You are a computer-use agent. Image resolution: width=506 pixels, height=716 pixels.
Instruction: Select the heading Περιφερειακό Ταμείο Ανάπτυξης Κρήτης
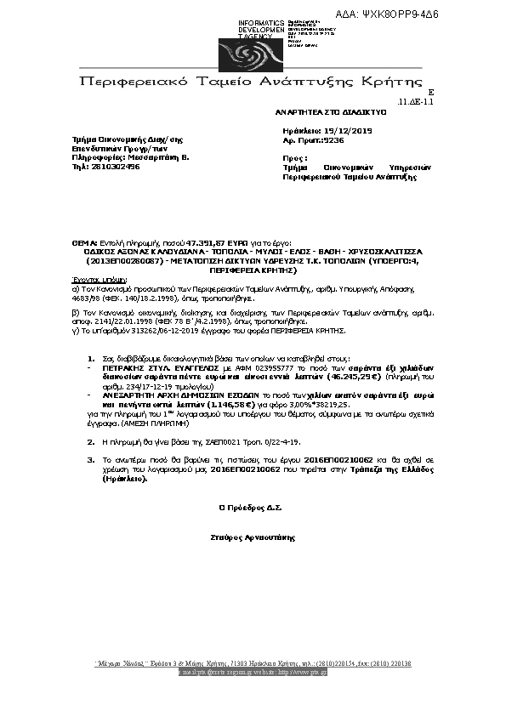(x=251, y=82)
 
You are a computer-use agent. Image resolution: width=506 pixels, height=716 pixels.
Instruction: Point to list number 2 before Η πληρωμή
(x=91, y=442)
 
